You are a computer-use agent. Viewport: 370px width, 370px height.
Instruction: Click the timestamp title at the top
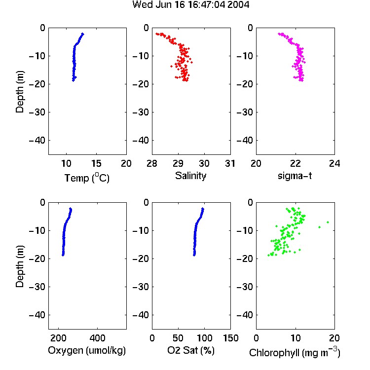click(x=190, y=5)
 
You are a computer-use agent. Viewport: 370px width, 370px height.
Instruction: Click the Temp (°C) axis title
click(x=87, y=178)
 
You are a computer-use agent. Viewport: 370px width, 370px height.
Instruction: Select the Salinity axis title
click(x=190, y=176)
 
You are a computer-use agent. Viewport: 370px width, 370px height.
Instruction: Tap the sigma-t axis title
click(x=295, y=176)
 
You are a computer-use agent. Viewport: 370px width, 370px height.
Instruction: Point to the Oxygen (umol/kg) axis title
click(x=87, y=350)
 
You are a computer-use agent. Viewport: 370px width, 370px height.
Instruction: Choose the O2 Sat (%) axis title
click(x=191, y=350)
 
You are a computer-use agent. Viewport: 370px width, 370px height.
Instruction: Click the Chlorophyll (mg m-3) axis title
click(x=295, y=352)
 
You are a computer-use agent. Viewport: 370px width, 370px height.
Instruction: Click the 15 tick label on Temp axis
click(x=96, y=163)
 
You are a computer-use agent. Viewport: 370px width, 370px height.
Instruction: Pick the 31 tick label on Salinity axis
click(x=230, y=163)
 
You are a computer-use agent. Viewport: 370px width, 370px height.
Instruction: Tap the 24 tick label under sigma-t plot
click(x=334, y=163)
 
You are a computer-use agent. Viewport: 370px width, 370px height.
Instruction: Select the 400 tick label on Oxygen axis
click(x=97, y=338)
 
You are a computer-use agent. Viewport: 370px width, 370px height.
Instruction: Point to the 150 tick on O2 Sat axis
click(x=231, y=338)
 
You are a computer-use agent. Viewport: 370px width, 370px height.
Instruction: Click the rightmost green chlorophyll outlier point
click(x=328, y=222)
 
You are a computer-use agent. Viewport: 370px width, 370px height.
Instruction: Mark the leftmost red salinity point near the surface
click(x=157, y=34)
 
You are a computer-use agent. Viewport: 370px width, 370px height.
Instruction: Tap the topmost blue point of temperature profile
click(x=82, y=34)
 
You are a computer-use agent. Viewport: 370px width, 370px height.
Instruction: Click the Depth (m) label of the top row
click(x=20, y=92)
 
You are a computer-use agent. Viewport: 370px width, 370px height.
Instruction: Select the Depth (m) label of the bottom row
click(x=20, y=266)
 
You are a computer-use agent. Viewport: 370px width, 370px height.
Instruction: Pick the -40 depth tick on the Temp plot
click(x=37, y=141)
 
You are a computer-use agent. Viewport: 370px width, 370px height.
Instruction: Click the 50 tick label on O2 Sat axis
click(x=178, y=338)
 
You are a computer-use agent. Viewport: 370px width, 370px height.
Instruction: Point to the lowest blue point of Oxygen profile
click(x=63, y=255)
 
